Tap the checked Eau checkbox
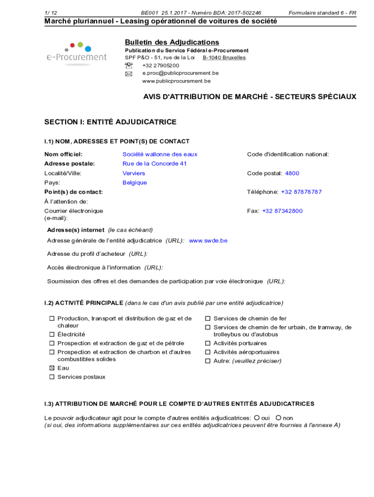click(51, 368)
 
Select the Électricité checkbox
click(51, 334)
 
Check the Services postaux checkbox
click(51, 377)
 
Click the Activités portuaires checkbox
click(208, 343)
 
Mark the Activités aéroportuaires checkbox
click(208, 352)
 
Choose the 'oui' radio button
click(256, 418)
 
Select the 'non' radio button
click(279, 418)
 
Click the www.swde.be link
click(208, 241)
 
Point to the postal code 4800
click(292, 173)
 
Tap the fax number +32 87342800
click(282, 211)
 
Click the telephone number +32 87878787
click(301, 192)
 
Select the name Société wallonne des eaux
click(160, 154)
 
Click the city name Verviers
click(134, 173)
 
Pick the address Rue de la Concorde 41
click(154, 164)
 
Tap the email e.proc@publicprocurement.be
click(180, 73)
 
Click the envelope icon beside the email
click(129, 74)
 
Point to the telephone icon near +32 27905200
click(129, 66)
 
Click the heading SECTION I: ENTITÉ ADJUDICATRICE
click(110, 122)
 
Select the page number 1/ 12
click(51, 13)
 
